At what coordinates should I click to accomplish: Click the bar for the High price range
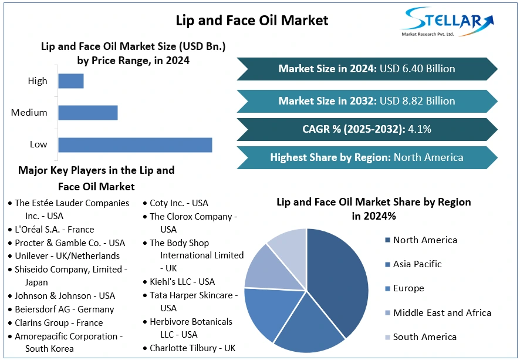pyautogui.click(x=71, y=80)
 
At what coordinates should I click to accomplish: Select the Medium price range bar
pyautogui.click(x=88, y=112)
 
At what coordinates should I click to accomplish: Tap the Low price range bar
pyautogui.click(x=135, y=144)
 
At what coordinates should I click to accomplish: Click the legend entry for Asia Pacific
pyautogui.click(x=417, y=264)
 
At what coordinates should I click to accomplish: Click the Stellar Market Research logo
pyautogui.click(x=447, y=22)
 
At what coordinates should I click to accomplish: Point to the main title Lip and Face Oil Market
pyautogui.click(x=252, y=21)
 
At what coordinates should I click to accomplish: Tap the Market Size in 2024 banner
pyautogui.click(x=367, y=69)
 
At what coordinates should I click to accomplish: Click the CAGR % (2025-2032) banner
pyautogui.click(x=367, y=129)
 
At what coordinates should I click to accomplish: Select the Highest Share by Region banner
pyautogui.click(x=367, y=157)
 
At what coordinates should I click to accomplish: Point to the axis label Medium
pyautogui.click(x=29, y=112)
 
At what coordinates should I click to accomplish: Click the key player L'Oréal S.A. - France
pyautogui.click(x=54, y=230)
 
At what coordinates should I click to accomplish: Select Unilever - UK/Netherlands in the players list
pyautogui.click(x=67, y=256)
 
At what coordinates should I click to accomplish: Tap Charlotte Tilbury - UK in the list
pyautogui.click(x=192, y=348)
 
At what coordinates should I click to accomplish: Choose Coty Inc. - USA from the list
pyautogui.click(x=178, y=203)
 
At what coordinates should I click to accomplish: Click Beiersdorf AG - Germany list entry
pyautogui.click(x=64, y=309)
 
